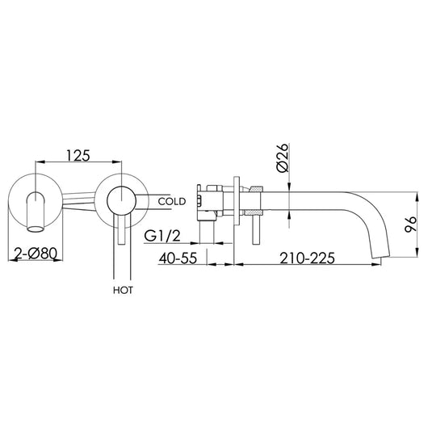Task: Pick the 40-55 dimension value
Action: click(x=178, y=259)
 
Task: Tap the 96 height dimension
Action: click(x=413, y=226)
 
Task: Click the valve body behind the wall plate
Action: click(x=210, y=198)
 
